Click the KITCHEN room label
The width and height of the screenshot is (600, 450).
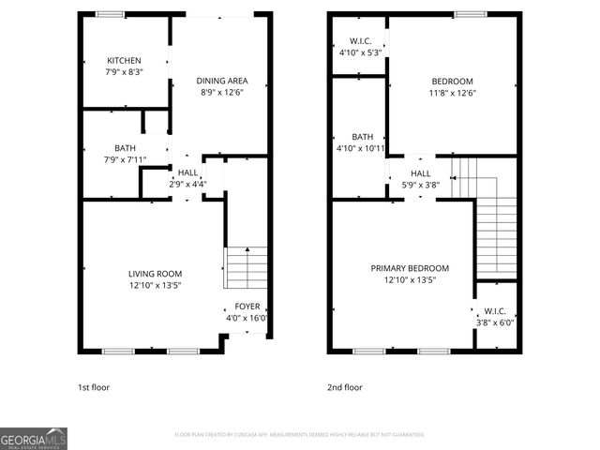tap(124, 61)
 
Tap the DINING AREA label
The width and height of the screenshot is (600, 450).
tap(221, 81)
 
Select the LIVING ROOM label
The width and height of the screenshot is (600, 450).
tap(156, 274)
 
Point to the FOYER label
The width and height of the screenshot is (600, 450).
tap(247, 307)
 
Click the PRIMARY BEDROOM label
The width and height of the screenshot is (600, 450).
tap(411, 268)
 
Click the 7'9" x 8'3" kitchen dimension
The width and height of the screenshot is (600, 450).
tap(124, 72)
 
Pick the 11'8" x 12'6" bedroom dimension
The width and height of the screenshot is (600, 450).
tap(452, 92)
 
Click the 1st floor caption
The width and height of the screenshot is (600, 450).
tap(94, 387)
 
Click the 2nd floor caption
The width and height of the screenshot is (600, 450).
tap(344, 387)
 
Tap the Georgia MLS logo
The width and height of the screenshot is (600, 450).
tap(34, 439)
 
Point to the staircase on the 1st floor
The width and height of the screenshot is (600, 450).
tap(245, 268)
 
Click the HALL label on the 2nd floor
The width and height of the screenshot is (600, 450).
tap(421, 173)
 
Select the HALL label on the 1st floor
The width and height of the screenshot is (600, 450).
tap(187, 172)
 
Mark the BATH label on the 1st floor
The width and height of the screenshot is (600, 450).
tap(125, 148)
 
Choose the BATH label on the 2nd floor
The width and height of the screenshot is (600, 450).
tap(361, 137)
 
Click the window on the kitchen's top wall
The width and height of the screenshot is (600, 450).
tap(112, 14)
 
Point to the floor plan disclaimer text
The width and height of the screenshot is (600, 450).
tap(300, 435)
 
